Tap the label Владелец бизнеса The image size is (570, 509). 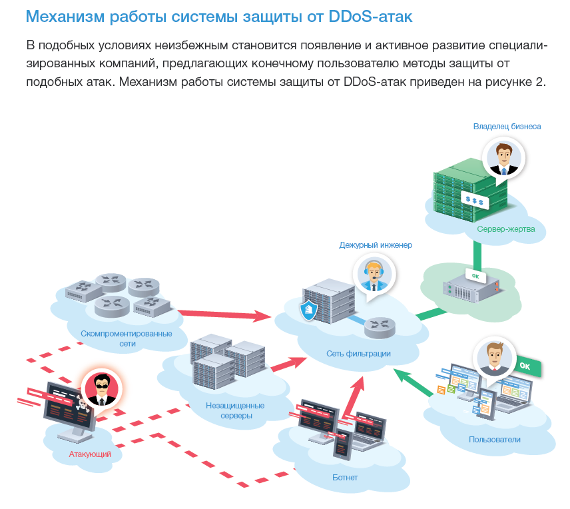click(x=507, y=126)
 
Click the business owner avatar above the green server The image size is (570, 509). click(x=503, y=159)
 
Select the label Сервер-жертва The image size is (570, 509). click(x=505, y=229)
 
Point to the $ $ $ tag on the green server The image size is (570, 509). click(x=475, y=199)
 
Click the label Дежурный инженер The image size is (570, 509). click(x=376, y=245)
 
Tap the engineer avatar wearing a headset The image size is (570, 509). click(x=374, y=274)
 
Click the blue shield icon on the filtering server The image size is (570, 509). click(x=308, y=310)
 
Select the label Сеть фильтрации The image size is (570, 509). click(x=358, y=354)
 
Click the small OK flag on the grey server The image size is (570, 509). click(x=475, y=275)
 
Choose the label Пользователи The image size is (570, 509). click(x=494, y=440)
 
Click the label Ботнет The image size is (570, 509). click(x=345, y=478)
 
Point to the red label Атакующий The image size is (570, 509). click(x=90, y=454)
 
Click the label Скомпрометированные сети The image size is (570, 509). click(x=126, y=338)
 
